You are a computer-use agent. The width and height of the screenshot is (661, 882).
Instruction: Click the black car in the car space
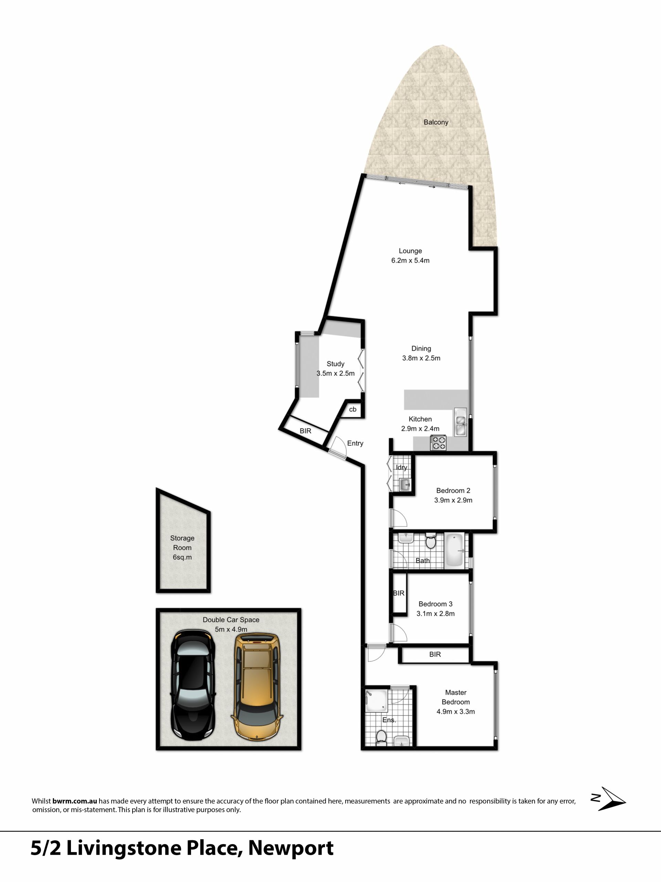pyautogui.click(x=193, y=685)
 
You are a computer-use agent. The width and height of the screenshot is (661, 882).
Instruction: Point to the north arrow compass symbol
pyautogui.click(x=608, y=799)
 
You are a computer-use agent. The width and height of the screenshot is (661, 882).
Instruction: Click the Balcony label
pyautogui.click(x=436, y=122)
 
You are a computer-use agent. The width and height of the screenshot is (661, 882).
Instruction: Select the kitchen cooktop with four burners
pyautogui.click(x=438, y=443)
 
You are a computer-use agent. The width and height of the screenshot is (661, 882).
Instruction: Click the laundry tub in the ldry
pyautogui.click(x=405, y=485)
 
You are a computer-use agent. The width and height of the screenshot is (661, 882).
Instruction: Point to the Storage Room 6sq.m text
pyautogui.click(x=182, y=547)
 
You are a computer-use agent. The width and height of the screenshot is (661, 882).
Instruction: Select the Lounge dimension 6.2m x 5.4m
pyautogui.click(x=410, y=260)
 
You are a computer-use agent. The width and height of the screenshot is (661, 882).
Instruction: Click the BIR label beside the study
pyautogui.click(x=306, y=431)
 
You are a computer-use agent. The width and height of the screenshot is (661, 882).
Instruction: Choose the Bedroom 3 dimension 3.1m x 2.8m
pyautogui.click(x=436, y=613)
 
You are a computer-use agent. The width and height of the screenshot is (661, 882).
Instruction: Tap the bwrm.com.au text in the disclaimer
pyautogui.click(x=74, y=801)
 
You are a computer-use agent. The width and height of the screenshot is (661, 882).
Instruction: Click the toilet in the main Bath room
pyautogui.click(x=430, y=541)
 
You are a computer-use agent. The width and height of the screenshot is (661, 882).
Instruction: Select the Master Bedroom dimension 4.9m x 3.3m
pyautogui.click(x=456, y=711)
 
